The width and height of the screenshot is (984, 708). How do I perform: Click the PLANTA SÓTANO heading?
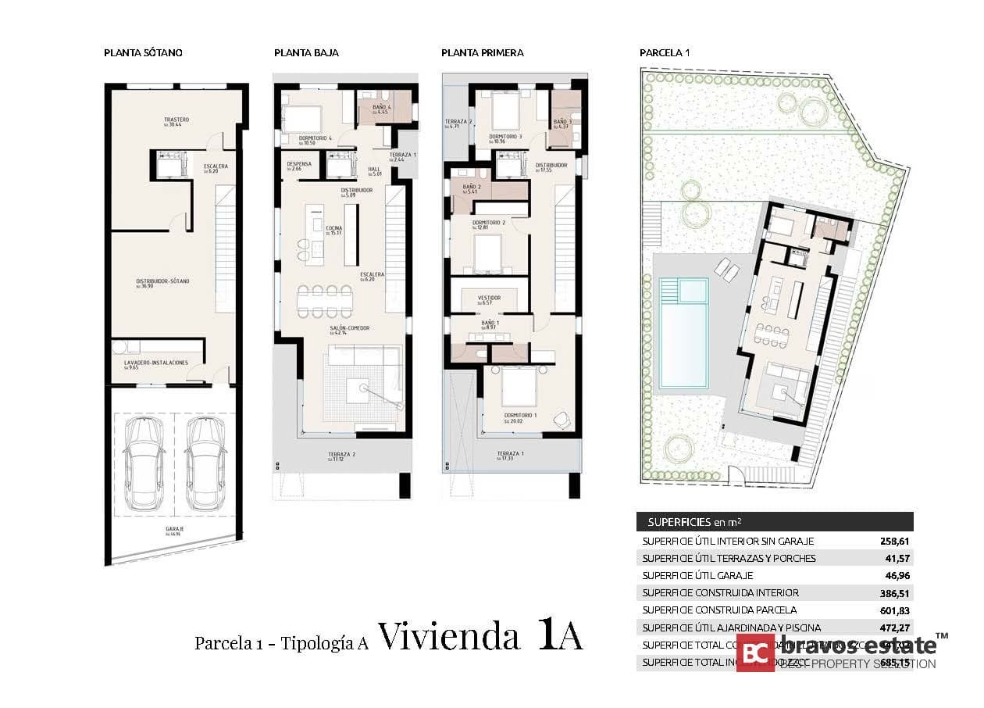pyautogui.click(x=143, y=53)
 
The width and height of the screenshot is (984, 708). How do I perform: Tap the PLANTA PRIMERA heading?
pyautogui.click(x=482, y=53)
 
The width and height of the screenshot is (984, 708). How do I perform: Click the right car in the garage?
pyautogui.click(x=206, y=460)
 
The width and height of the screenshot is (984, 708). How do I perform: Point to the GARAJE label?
pyautogui.click(x=173, y=531)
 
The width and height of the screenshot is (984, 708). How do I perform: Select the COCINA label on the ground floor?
pyautogui.click(x=333, y=230)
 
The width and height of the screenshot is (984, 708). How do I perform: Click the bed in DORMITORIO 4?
pyautogui.click(x=300, y=119)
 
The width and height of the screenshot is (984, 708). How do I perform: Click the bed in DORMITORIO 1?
pyautogui.click(x=515, y=388)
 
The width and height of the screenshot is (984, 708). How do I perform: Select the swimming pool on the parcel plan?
pyautogui.click(x=682, y=332)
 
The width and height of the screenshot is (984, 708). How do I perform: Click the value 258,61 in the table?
pyautogui.click(x=895, y=541)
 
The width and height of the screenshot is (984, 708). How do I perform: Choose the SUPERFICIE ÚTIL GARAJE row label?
pyautogui.click(x=697, y=575)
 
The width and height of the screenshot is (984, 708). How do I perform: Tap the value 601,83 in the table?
pyautogui.click(x=895, y=610)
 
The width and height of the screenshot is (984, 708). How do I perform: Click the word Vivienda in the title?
pyautogui.click(x=449, y=638)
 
